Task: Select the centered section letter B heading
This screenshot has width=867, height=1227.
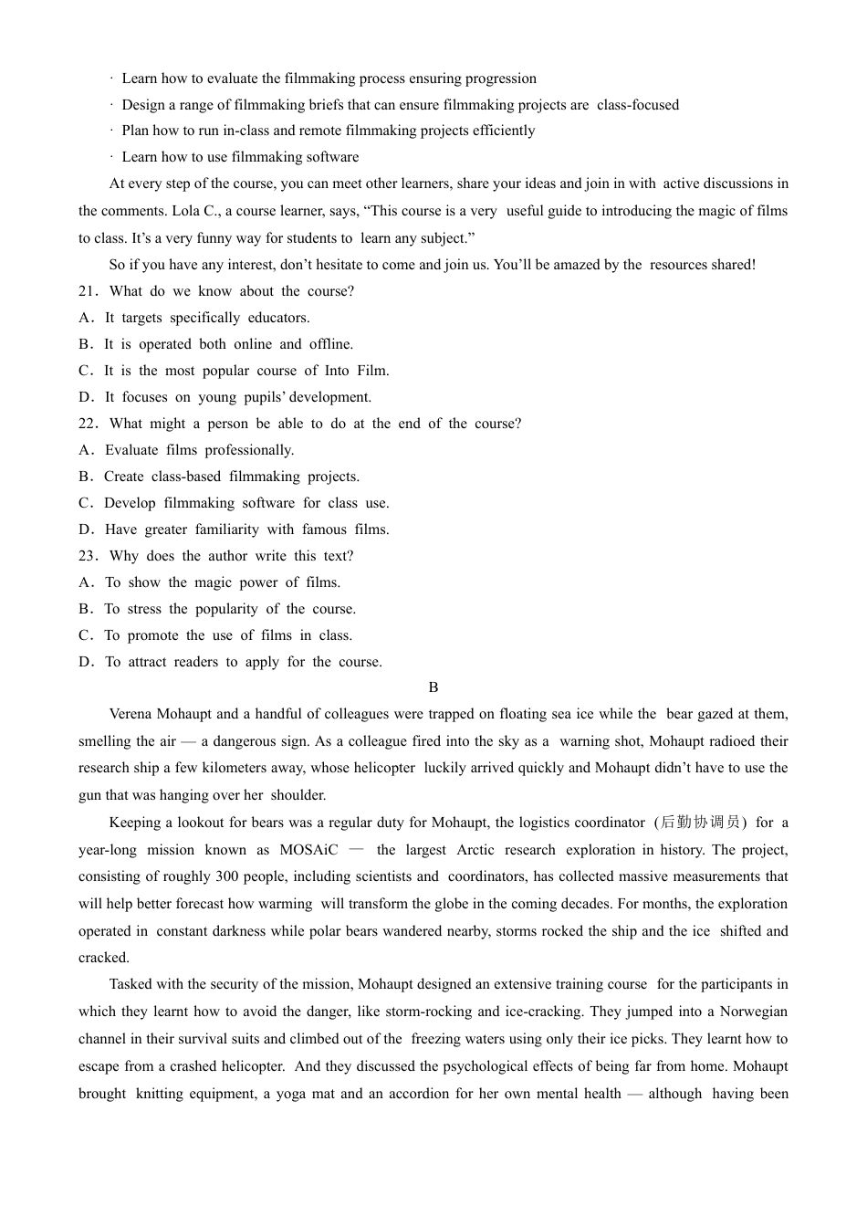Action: pyautogui.click(x=433, y=687)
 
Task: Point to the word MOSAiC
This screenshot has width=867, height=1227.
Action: pyautogui.click(x=308, y=850)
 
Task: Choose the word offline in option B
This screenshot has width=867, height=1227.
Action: pyautogui.click(x=331, y=344)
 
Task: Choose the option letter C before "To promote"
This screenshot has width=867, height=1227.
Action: pyautogui.click(x=86, y=635)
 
